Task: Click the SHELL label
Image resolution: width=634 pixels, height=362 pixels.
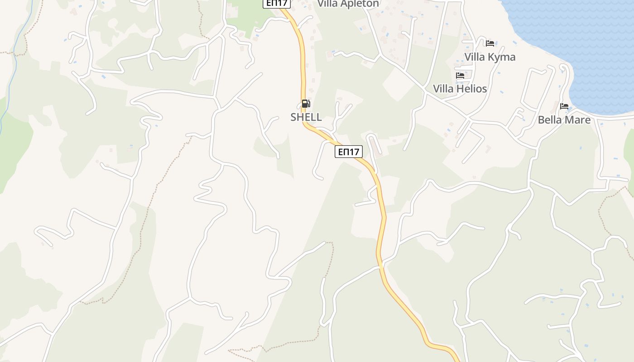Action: click(306, 117)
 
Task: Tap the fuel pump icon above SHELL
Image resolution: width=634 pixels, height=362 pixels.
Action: click(306, 104)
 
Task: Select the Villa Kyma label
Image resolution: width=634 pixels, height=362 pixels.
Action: click(490, 57)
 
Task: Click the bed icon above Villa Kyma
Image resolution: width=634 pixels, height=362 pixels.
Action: click(490, 43)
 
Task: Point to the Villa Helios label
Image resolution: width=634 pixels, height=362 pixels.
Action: click(460, 89)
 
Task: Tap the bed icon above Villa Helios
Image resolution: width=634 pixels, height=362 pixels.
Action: click(460, 76)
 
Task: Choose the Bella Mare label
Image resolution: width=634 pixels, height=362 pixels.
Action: click(564, 120)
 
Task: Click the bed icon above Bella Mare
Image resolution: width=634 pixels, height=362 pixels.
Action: click(564, 106)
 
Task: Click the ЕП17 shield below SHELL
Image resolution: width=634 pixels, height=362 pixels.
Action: click(349, 152)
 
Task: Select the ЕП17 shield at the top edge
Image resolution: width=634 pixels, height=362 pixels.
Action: click(276, 3)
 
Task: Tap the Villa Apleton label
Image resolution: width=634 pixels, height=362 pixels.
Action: click(348, 4)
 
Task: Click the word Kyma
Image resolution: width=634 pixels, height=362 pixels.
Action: click(502, 57)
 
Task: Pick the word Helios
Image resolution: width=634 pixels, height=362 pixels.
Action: click(472, 89)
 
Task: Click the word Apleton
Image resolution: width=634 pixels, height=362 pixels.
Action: click(360, 4)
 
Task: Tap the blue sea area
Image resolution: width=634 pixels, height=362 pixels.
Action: click(589, 36)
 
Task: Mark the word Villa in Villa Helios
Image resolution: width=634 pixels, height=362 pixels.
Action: click(444, 89)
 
